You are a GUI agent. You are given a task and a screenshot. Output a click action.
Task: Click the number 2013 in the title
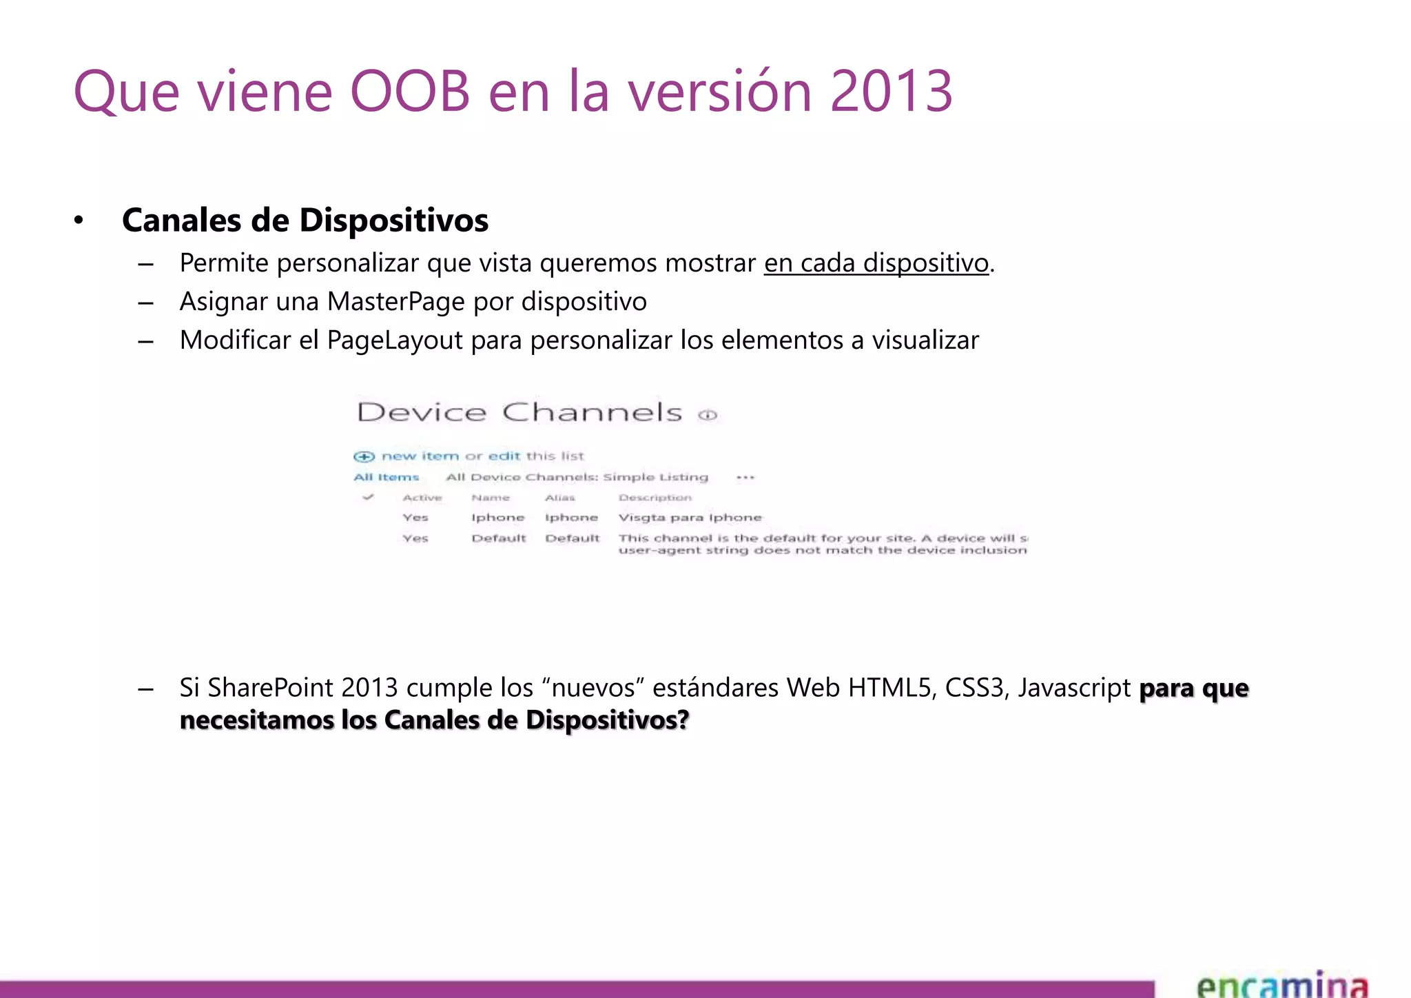(891, 92)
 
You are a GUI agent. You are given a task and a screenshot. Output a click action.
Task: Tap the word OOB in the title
(410, 92)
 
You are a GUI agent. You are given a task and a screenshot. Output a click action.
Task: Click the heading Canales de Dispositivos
(305, 221)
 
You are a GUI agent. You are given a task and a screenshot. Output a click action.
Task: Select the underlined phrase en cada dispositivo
(876, 263)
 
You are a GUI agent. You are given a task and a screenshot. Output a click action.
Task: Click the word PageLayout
(394, 340)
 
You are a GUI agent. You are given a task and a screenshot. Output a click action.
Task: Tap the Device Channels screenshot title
(519, 412)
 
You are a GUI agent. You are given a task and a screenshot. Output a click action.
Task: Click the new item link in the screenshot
(420, 456)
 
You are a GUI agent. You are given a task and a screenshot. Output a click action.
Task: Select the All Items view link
(386, 477)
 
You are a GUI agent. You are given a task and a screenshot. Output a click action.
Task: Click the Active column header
(422, 498)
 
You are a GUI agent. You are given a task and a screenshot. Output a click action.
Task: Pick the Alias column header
(559, 498)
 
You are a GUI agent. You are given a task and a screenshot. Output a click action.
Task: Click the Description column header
(655, 498)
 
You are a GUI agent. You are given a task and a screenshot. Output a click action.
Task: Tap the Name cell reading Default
(498, 538)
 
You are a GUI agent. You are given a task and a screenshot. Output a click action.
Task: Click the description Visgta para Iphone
(690, 518)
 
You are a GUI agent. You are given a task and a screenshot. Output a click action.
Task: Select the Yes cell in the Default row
(415, 538)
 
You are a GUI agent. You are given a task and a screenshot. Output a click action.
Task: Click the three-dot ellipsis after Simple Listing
(745, 477)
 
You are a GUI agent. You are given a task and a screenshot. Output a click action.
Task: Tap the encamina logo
(1281, 984)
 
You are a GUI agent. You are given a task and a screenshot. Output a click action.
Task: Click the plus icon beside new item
(364, 456)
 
